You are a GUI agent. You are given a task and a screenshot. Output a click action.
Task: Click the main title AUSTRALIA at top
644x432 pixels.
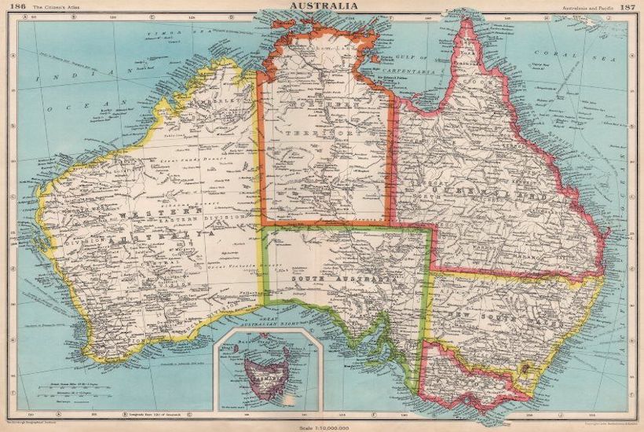tap(324, 6)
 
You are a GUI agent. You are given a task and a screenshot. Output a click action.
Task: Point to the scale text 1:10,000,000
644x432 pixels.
tap(324, 426)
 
